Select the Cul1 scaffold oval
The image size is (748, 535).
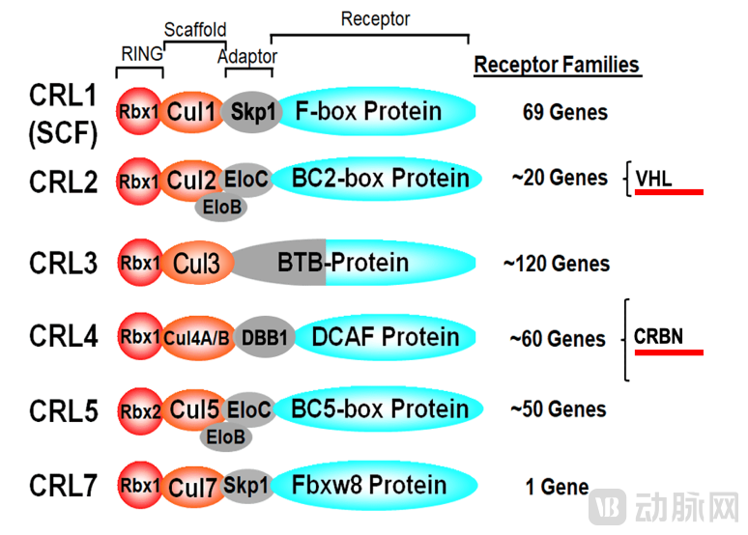click(190, 112)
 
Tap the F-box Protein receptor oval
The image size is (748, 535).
click(372, 111)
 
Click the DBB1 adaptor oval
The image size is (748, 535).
click(258, 337)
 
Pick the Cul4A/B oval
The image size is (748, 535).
click(197, 337)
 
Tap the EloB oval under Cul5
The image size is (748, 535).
click(226, 436)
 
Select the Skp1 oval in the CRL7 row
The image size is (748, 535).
click(247, 486)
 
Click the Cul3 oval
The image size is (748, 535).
click(196, 263)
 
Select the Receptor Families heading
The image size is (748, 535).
click(557, 66)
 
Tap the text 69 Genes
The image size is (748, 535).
click(564, 112)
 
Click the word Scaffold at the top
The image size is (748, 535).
click(195, 30)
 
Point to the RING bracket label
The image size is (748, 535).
click(141, 54)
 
